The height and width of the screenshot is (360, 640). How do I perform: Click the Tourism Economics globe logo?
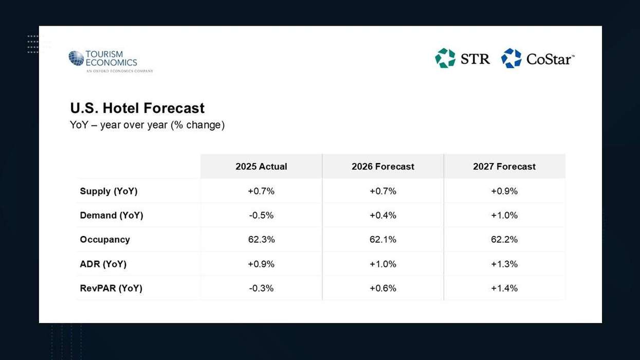tap(76, 58)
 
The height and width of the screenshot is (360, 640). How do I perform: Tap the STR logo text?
tap(475, 59)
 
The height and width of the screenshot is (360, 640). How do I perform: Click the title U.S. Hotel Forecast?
tap(137, 108)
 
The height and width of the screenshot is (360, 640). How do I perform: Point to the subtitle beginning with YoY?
tap(147, 125)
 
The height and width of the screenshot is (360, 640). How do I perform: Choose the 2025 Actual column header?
tap(261, 167)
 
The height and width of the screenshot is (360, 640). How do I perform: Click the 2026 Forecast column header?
tap(383, 167)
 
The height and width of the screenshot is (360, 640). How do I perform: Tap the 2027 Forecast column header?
tap(504, 167)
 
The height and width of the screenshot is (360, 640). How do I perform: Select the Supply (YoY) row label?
tap(108, 191)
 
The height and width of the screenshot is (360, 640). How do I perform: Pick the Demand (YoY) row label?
tap(112, 215)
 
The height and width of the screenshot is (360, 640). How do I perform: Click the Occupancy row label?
tap(105, 240)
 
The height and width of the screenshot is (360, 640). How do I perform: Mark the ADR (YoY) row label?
tap(103, 264)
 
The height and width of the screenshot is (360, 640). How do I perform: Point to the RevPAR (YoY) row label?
tap(111, 288)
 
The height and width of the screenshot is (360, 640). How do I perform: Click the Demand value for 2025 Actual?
tap(261, 215)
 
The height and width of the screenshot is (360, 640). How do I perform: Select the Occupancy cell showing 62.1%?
tap(383, 240)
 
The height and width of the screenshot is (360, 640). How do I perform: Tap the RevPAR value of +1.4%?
tap(504, 288)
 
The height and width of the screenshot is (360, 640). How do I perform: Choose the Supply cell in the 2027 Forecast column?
tap(504, 191)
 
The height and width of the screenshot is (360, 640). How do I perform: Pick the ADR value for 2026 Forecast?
tap(383, 264)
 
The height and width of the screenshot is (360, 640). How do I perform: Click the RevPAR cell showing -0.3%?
tap(261, 288)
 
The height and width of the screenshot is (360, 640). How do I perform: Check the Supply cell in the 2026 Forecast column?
tap(383, 191)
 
